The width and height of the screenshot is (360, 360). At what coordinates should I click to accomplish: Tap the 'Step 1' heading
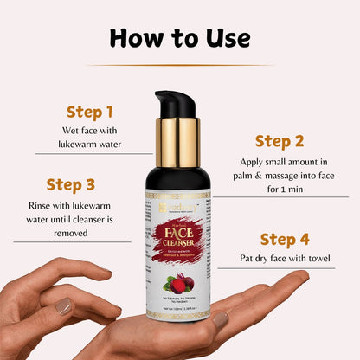pyautogui.click(x=90, y=112)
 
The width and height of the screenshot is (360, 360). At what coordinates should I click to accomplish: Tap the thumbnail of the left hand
pyautogui.click(x=63, y=305)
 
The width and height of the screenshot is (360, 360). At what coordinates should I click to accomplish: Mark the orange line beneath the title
pyautogui.click(x=180, y=65)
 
